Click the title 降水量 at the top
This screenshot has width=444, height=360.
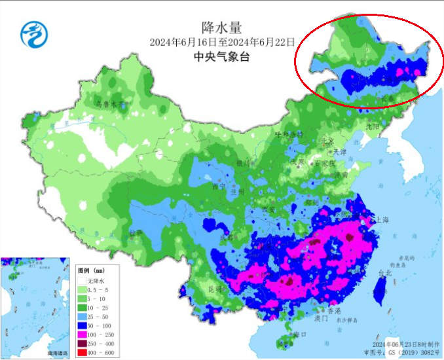[x=222, y=27]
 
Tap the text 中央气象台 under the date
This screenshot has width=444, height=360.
[x=222, y=57]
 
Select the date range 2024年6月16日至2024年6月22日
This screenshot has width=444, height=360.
[x=222, y=43]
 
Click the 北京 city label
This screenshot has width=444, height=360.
[x=326, y=141]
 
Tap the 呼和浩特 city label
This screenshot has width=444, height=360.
[x=289, y=134]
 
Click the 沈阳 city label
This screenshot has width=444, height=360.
[x=373, y=126]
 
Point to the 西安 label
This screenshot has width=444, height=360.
[x=269, y=209]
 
